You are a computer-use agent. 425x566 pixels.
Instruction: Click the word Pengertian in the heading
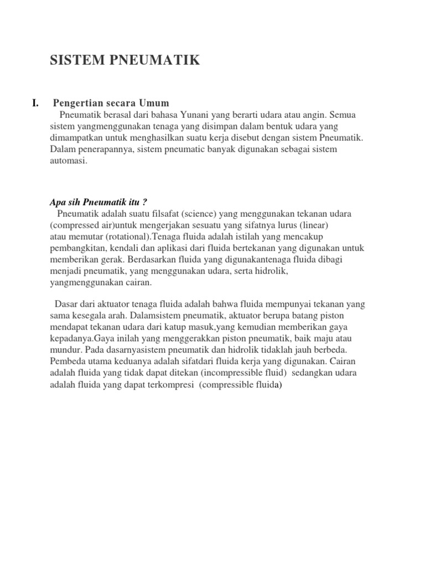pos(77,103)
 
